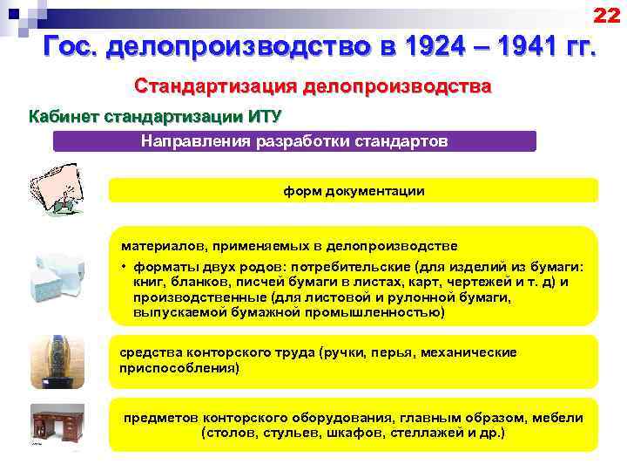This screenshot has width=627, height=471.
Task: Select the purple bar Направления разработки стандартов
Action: click(294, 141)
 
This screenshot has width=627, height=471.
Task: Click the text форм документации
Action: click(354, 190)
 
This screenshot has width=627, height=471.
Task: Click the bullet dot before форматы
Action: click(125, 268)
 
